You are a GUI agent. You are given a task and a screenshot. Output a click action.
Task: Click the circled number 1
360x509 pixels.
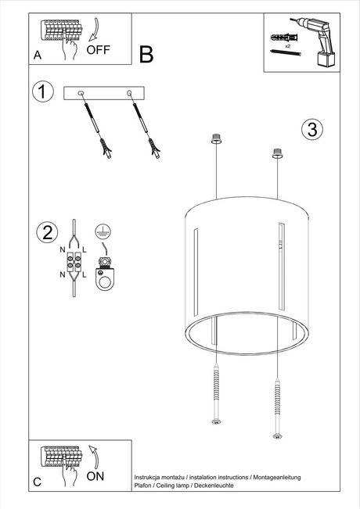[43, 91]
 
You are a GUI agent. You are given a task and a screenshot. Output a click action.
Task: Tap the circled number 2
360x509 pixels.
[48, 231]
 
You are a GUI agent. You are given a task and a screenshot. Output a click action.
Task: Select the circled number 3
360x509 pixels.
[312, 130]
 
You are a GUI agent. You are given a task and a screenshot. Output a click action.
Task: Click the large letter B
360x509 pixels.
[146, 54]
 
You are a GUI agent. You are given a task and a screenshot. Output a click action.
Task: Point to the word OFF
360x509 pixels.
[99, 50]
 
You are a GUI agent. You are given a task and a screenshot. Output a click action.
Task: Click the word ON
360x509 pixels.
[95, 475]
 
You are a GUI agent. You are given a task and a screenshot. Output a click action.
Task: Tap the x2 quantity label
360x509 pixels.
[288, 48]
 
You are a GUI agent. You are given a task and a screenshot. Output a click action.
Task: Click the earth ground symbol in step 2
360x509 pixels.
[100, 230]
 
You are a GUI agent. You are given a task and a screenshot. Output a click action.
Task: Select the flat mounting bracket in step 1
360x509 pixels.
[104, 94]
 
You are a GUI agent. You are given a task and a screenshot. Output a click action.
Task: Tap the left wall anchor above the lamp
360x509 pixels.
[216, 140]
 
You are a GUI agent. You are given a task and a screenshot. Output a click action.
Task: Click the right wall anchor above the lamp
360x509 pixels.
[275, 152]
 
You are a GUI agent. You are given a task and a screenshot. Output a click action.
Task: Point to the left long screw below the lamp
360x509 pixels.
[216, 396]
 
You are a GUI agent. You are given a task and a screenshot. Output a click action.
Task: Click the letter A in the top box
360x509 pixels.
[37, 56]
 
